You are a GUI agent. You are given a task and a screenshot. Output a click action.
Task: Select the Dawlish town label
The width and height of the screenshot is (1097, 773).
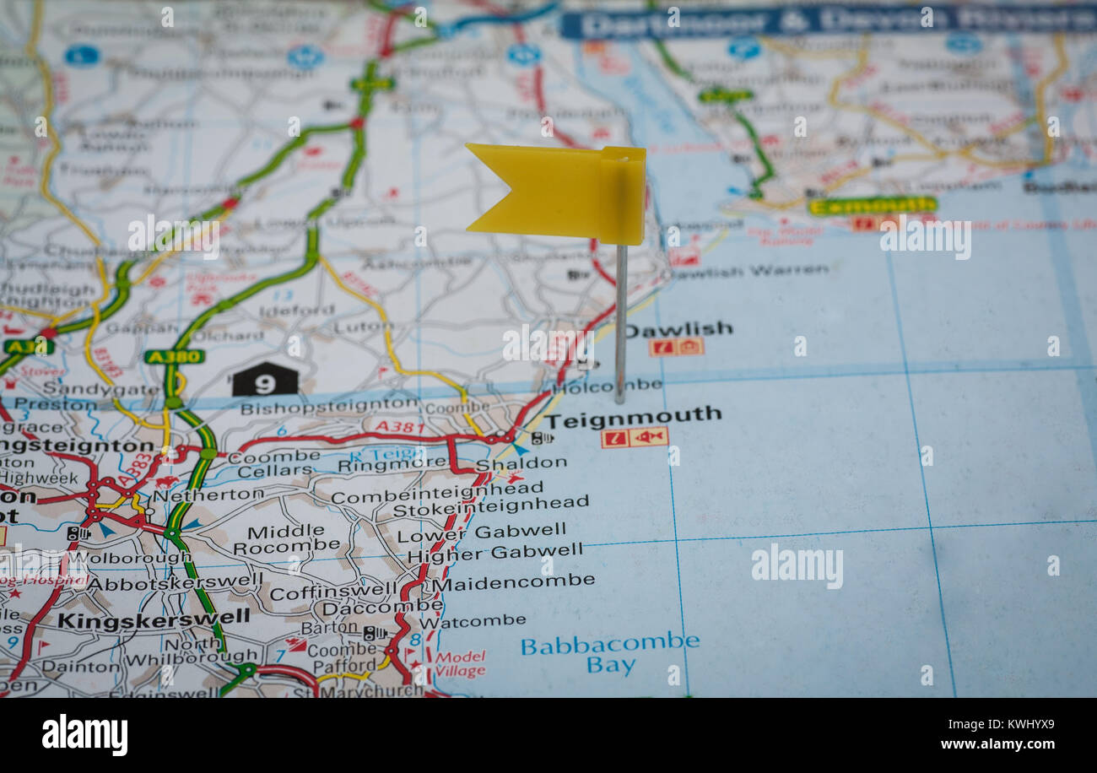(678, 329)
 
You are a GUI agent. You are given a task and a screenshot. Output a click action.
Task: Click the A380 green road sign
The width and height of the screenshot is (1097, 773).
(174, 356)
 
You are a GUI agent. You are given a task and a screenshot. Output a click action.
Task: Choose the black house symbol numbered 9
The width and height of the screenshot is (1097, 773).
(265, 381)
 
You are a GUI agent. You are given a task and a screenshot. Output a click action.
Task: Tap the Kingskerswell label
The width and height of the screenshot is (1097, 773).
(154, 618)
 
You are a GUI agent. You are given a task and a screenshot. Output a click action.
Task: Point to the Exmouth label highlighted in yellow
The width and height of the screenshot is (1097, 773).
(872, 205)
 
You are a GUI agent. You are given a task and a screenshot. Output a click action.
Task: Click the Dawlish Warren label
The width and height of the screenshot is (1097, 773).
(749, 271)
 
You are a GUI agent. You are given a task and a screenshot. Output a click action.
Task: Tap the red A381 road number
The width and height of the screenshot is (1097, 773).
(400, 427)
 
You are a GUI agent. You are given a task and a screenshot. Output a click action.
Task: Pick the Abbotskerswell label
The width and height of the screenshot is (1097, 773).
(176, 582)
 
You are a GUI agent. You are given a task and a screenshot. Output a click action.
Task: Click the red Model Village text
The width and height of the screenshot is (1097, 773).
(460, 664)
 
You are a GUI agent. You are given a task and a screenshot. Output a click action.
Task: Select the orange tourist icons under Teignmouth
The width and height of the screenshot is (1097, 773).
(635, 437)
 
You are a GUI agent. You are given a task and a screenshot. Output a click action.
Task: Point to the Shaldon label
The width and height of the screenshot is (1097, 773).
(521, 463)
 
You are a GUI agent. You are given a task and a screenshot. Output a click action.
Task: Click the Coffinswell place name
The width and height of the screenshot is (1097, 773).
(332, 592)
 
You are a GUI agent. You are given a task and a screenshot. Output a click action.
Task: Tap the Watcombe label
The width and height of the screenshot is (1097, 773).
(473, 621)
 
